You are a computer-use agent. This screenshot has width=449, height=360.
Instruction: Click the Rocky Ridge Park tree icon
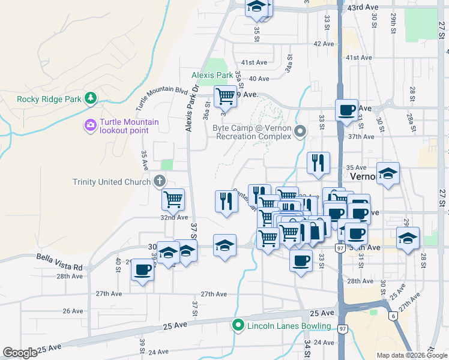90,98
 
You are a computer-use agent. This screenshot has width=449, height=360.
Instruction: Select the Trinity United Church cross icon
159,180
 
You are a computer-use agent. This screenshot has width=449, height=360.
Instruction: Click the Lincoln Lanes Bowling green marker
238,326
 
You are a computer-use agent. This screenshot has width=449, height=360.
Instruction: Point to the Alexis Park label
212,76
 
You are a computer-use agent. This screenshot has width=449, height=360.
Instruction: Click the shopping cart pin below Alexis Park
226,96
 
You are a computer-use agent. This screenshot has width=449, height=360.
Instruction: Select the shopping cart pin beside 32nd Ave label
173,199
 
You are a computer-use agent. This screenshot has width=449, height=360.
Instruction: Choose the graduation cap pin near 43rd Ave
256,7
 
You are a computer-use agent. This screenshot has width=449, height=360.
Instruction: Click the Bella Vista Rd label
59,266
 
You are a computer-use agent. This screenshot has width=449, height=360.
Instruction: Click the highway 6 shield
393,316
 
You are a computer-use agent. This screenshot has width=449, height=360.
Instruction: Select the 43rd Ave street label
363,7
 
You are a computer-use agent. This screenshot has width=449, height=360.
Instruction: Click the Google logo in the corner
20,353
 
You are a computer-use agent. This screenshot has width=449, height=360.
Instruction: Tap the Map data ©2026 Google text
412,355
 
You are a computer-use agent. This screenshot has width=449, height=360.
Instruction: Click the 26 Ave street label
73,311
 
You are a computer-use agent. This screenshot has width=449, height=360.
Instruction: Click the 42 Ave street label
324,44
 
